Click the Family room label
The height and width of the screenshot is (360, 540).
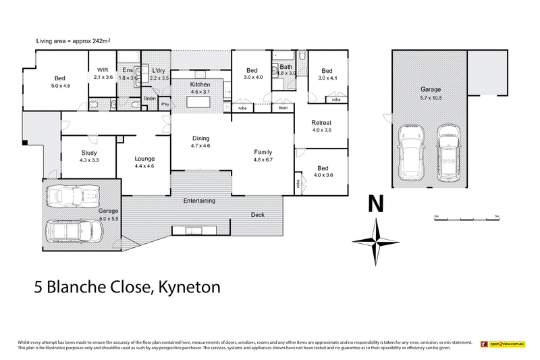pos(263,152)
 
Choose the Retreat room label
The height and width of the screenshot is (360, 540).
pos(321,122)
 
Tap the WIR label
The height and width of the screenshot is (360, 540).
pos(103,70)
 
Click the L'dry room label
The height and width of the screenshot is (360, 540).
pos(159,70)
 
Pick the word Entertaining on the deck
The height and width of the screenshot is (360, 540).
pos(199,201)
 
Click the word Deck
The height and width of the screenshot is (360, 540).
pos(258,215)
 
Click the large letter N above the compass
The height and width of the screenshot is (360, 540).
pos(375,204)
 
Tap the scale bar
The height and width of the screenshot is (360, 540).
pos(466,220)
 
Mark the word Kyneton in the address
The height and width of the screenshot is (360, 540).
pos(188,288)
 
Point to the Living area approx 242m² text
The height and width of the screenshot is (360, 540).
pos(74,41)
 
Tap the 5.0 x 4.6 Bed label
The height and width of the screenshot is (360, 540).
pos(60,82)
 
